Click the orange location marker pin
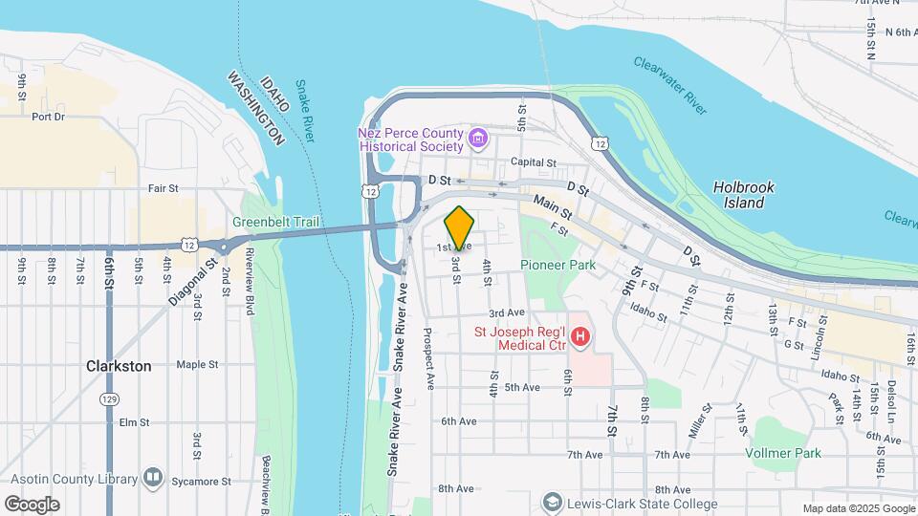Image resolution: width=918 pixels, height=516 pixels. (x=460, y=227)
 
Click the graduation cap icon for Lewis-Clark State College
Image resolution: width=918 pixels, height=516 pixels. (x=552, y=503)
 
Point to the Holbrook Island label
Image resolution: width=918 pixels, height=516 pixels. (x=743, y=195)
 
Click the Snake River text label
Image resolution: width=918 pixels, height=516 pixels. (x=304, y=110)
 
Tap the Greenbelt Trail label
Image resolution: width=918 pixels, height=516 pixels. (x=274, y=223)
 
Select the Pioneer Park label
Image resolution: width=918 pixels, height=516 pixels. (x=558, y=265)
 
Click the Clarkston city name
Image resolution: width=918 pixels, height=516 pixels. (x=119, y=366)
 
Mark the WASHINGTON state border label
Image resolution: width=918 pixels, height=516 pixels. (x=256, y=107)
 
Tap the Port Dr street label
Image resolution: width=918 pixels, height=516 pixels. (x=48, y=117)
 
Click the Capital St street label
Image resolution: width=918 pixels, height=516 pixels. (x=533, y=162)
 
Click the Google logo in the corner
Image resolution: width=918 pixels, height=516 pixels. (x=32, y=504)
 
